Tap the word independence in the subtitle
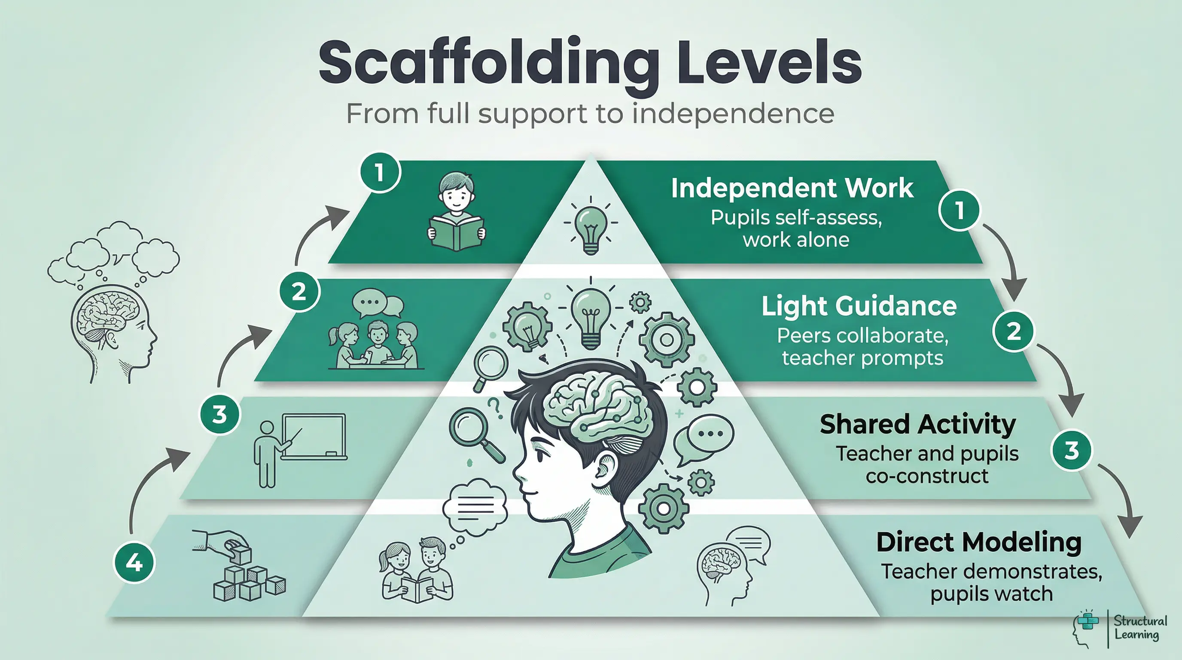click(733, 113)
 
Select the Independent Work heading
click(792, 188)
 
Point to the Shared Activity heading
click(918, 424)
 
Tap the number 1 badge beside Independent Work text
click(959, 210)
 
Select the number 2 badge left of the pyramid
click(300, 291)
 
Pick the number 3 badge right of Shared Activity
click(1072, 450)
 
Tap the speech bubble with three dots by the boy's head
click(704, 436)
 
